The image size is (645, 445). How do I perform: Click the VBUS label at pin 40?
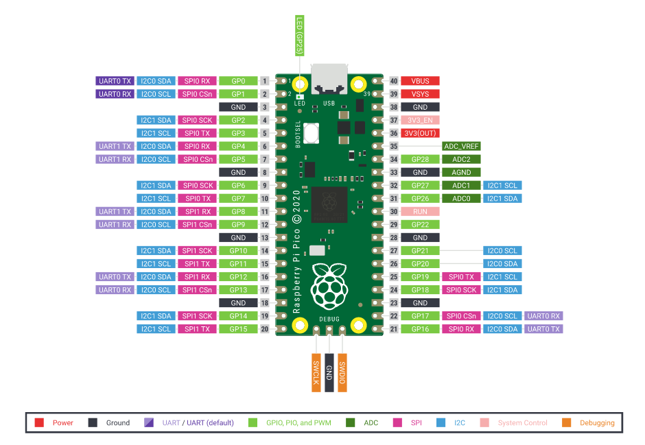pos(420,81)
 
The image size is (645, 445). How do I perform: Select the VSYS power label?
pos(420,94)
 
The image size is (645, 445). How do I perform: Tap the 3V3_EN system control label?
pos(420,120)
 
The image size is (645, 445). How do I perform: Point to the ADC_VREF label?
pos(461,146)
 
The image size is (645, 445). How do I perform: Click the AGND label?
pos(461,172)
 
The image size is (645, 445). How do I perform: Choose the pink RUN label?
pos(420,212)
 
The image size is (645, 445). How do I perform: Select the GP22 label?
pos(420,225)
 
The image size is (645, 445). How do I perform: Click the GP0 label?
pos(238,81)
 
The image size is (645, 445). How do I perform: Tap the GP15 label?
pos(238,329)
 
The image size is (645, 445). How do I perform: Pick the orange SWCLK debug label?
pos(316,373)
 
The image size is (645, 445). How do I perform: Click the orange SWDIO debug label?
pos(342,373)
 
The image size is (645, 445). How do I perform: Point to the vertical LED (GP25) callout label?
pos(299,36)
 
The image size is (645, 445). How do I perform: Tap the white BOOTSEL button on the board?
pos(311,133)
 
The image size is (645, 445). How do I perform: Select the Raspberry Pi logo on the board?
pos(329,287)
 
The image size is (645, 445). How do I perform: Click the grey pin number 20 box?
pos(264,329)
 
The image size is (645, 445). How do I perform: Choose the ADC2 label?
pos(461,160)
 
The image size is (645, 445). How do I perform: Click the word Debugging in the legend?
pos(597,423)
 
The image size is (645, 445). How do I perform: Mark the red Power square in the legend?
pos(40,423)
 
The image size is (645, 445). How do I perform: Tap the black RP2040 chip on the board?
pos(329,204)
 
